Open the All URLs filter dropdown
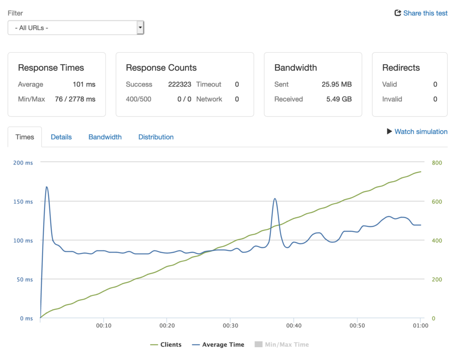(76, 28)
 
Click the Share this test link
(421, 13)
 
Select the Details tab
(61, 137)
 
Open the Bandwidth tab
(105, 137)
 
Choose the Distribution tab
(156, 137)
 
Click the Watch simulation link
(417, 131)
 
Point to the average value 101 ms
(84, 84)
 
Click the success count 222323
(179, 84)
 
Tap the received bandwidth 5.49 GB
(339, 99)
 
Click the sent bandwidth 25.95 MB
(337, 84)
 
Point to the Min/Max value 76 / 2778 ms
(75, 99)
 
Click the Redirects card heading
(401, 68)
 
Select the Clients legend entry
(166, 344)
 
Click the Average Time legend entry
(218, 344)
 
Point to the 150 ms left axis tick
(23, 201)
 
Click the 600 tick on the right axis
(437, 201)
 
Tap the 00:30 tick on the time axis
(230, 326)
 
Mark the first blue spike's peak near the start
(47, 187)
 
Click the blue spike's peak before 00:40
(275, 199)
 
